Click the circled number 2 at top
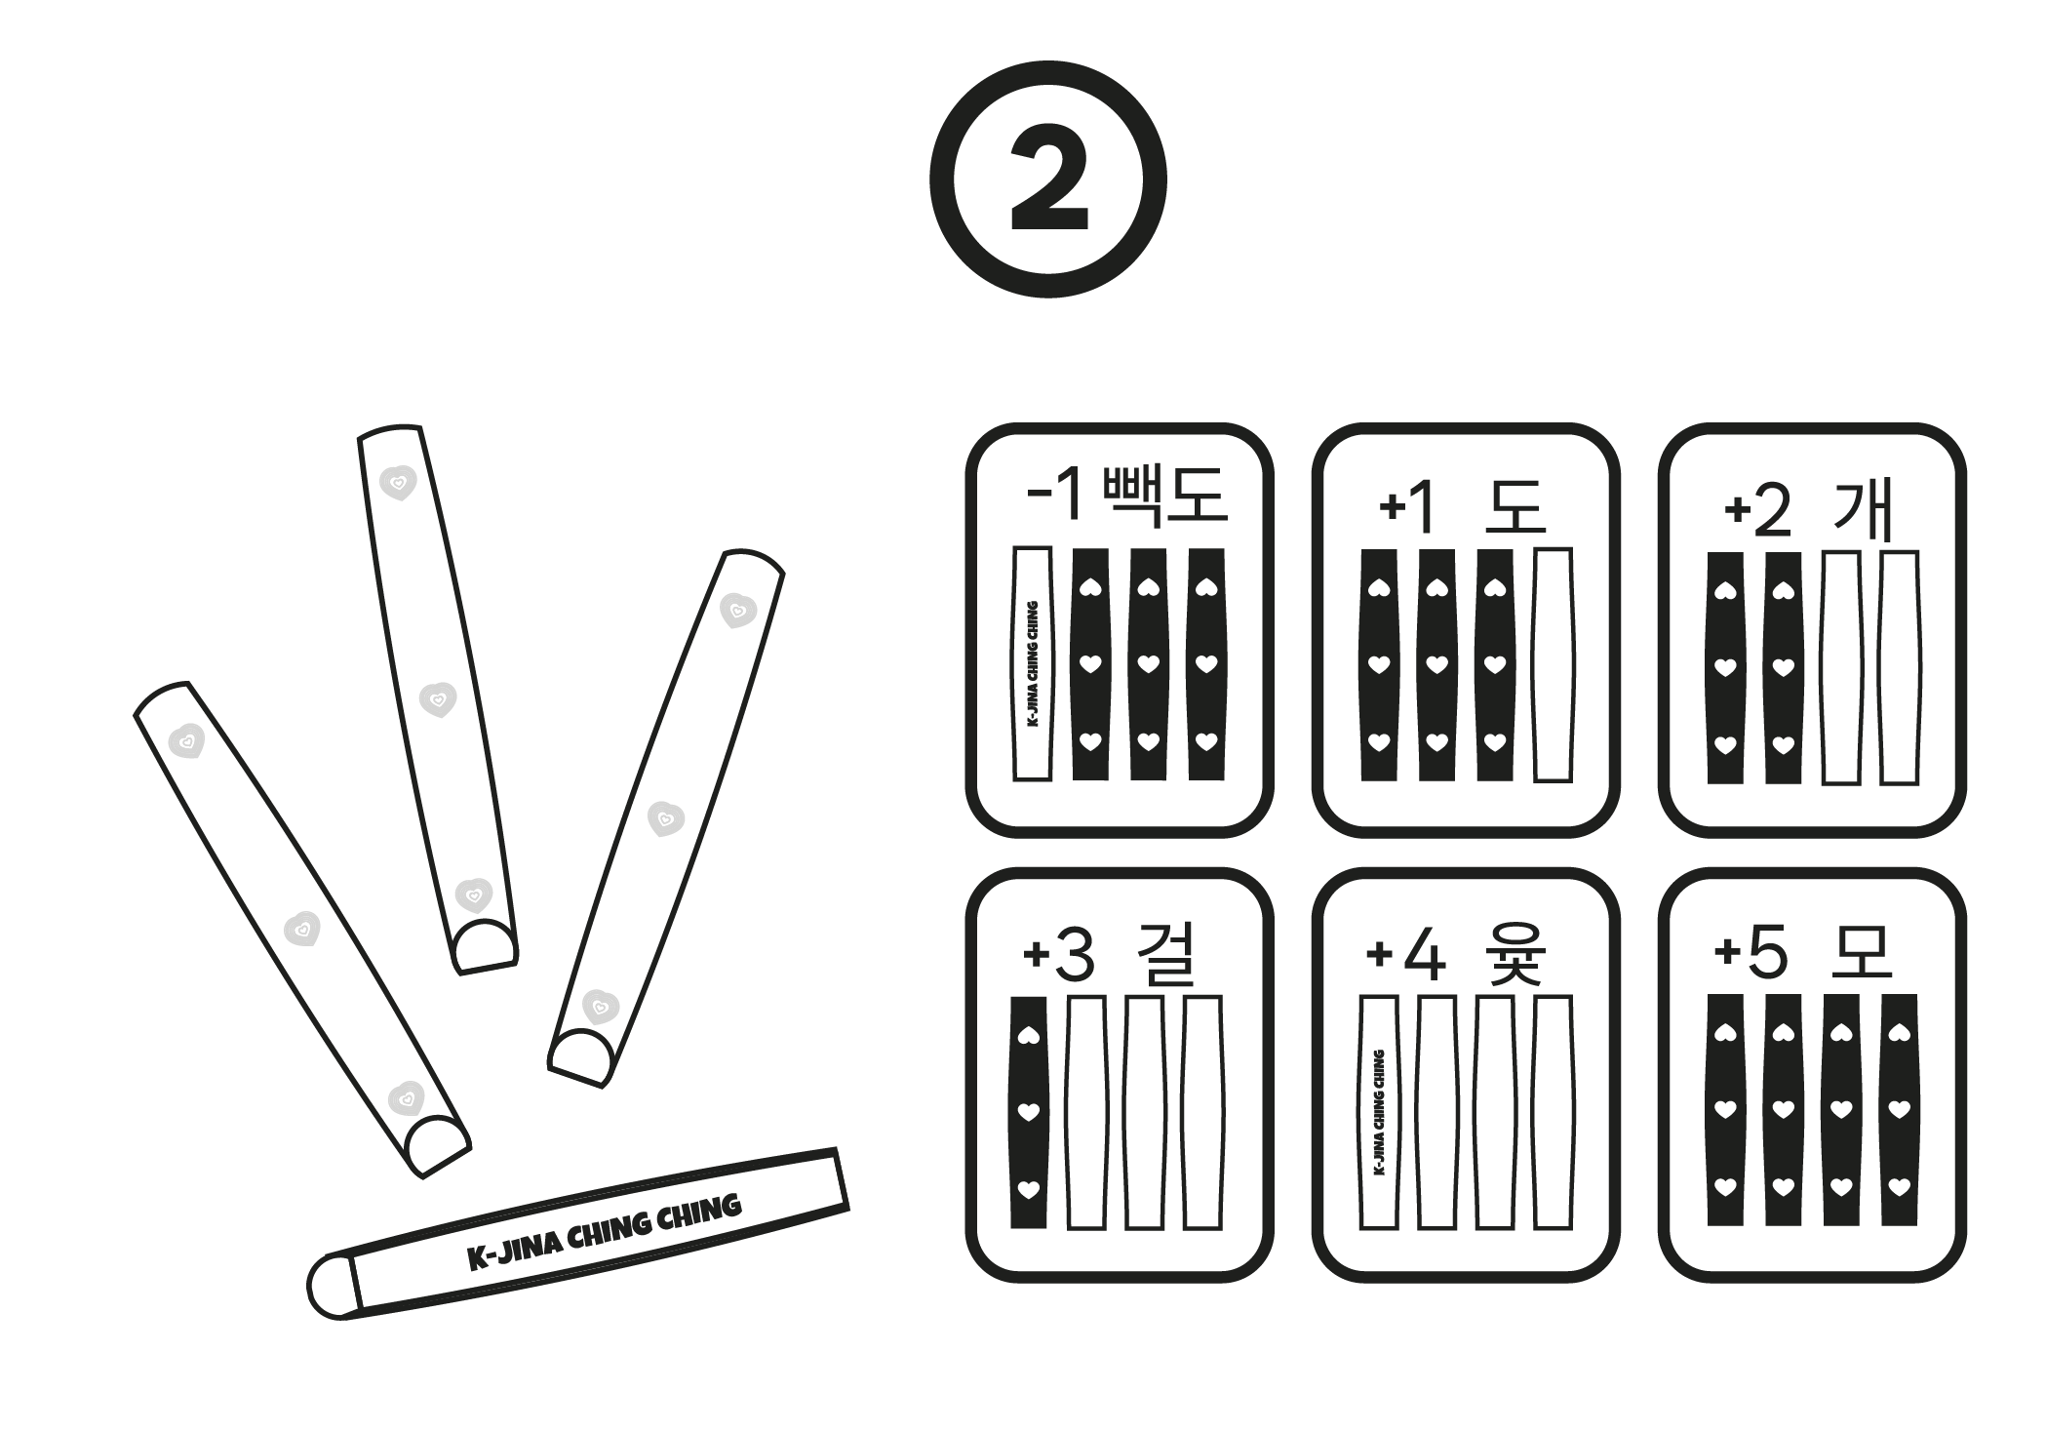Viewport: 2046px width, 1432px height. tap(1047, 179)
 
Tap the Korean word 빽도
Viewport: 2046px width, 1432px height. tap(1163, 496)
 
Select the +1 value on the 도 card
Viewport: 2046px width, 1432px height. tap(1407, 507)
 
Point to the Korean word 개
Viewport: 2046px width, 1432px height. tap(1863, 509)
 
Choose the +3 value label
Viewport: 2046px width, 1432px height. tap(1058, 956)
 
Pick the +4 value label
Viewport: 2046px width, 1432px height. tap(1405, 956)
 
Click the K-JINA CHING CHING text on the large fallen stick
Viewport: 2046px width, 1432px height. tap(604, 1233)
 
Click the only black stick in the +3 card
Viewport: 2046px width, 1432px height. tap(1028, 1111)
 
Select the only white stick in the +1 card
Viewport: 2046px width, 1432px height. tap(1553, 664)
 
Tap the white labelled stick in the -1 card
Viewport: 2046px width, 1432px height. tap(1033, 663)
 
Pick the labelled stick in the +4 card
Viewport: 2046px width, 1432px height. tap(1378, 1111)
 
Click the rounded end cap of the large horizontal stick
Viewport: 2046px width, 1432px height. tap(333, 1286)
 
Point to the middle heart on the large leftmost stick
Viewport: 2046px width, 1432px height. tap(302, 929)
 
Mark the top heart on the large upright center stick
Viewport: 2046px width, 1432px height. tap(398, 482)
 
